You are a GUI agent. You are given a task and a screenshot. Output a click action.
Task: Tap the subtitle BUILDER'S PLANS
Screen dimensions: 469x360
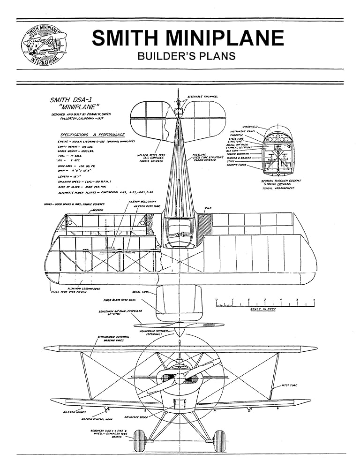tap(186, 56)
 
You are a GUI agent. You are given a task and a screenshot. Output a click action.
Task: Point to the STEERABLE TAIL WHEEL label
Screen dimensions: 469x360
tap(203, 96)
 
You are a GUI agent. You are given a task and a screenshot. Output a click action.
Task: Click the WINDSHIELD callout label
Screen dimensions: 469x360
tap(250, 127)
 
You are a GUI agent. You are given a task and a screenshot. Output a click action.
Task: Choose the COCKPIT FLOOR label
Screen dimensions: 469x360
tap(237, 166)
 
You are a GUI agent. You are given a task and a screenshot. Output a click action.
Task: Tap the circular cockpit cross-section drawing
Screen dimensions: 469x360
tap(278, 151)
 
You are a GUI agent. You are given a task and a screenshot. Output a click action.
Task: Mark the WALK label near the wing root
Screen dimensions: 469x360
tap(208, 208)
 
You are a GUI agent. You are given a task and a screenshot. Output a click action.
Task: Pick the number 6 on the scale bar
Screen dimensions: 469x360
tap(314, 299)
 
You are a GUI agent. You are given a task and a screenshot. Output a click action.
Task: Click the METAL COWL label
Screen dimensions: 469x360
tap(141, 292)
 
